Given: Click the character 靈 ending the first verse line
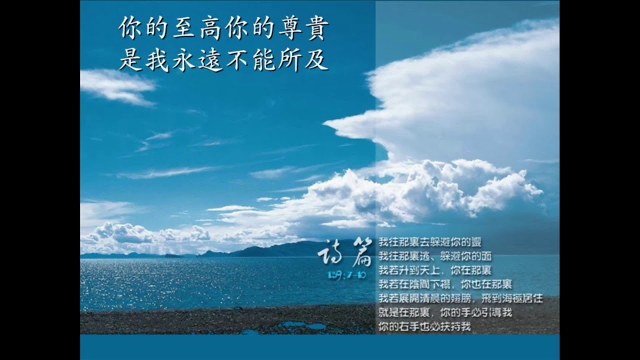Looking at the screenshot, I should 475,242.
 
